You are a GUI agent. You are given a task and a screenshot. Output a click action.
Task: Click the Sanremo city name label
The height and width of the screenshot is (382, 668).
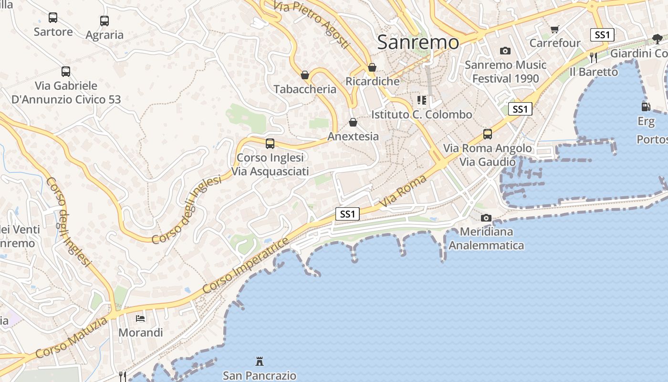pyautogui.click(x=418, y=42)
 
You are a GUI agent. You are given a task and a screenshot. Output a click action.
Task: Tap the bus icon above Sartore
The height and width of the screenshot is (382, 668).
pyautogui.click(x=53, y=18)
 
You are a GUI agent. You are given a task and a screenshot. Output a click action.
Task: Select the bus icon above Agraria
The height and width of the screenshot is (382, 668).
pyautogui.click(x=104, y=21)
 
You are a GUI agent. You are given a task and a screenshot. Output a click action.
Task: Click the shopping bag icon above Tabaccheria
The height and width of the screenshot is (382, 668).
pyautogui.click(x=305, y=75)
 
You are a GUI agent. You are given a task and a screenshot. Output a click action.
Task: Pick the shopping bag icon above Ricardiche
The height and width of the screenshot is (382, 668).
pyautogui.click(x=372, y=67)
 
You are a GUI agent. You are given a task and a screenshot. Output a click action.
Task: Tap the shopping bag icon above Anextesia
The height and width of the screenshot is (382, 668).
pyautogui.click(x=353, y=122)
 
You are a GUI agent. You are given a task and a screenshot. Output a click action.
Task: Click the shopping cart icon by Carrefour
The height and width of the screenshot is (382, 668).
pyautogui.click(x=554, y=30)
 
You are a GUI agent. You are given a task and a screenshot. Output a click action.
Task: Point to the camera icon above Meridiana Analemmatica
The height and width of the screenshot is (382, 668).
pyautogui.click(x=486, y=218)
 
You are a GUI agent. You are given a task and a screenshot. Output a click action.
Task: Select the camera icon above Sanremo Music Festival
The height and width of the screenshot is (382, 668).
pyautogui.click(x=505, y=51)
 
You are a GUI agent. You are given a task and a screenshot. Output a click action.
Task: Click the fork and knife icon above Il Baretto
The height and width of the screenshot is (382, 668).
pyautogui.click(x=594, y=58)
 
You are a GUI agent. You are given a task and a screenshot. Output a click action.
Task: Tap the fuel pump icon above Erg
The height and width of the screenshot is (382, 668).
pyautogui.click(x=646, y=107)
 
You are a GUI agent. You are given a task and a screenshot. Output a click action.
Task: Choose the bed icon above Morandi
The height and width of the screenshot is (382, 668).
pyautogui.click(x=140, y=318)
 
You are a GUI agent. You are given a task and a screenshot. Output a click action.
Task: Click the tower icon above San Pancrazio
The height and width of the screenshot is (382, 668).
pyautogui.click(x=260, y=361)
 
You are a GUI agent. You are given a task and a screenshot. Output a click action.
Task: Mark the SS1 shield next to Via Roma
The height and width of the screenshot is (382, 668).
pyautogui.click(x=347, y=214)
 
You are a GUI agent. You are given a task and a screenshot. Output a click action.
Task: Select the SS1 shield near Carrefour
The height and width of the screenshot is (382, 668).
pyautogui.click(x=602, y=34)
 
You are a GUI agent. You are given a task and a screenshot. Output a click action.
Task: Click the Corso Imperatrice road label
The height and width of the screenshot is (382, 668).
pyautogui.click(x=246, y=265)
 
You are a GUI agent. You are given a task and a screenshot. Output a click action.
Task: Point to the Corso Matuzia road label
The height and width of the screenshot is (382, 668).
pyautogui.click(x=72, y=338)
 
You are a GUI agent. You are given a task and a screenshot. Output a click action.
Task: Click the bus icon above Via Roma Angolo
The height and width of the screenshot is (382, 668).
pyautogui.click(x=487, y=134)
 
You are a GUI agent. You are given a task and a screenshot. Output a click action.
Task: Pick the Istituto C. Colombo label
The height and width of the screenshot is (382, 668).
pyautogui.click(x=422, y=115)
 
